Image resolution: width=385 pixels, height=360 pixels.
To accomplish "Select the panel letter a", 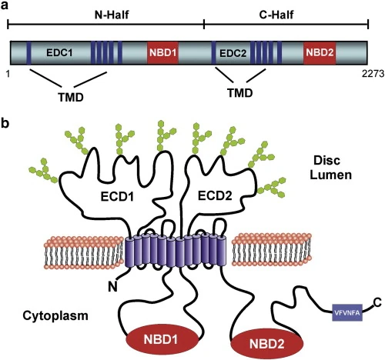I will click(x=5, y=7).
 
